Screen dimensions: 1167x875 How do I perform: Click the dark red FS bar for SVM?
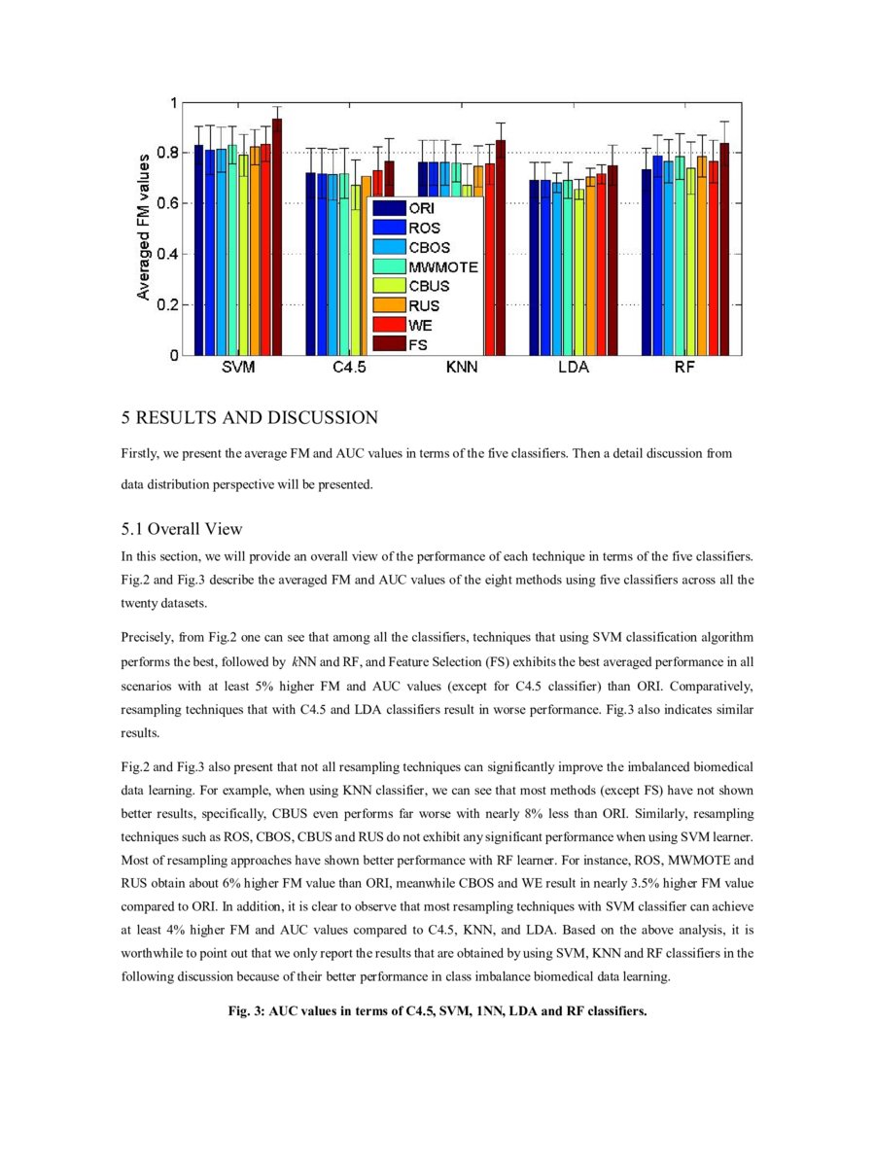tap(277, 237)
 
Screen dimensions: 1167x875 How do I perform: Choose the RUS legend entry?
tap(407, 305)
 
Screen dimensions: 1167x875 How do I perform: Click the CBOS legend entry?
tap(412, 247)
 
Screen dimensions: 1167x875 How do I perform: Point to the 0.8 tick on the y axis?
tap(166, 153)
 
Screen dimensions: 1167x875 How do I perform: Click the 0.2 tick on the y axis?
tap(166, 304)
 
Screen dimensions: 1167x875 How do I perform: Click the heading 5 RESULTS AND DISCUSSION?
tap(249, 418)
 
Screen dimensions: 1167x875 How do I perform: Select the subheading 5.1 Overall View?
tap(181, 529)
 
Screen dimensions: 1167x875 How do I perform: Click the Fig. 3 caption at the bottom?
tap(437, 1010)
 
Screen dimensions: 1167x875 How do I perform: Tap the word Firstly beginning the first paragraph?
tap(139, 454)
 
